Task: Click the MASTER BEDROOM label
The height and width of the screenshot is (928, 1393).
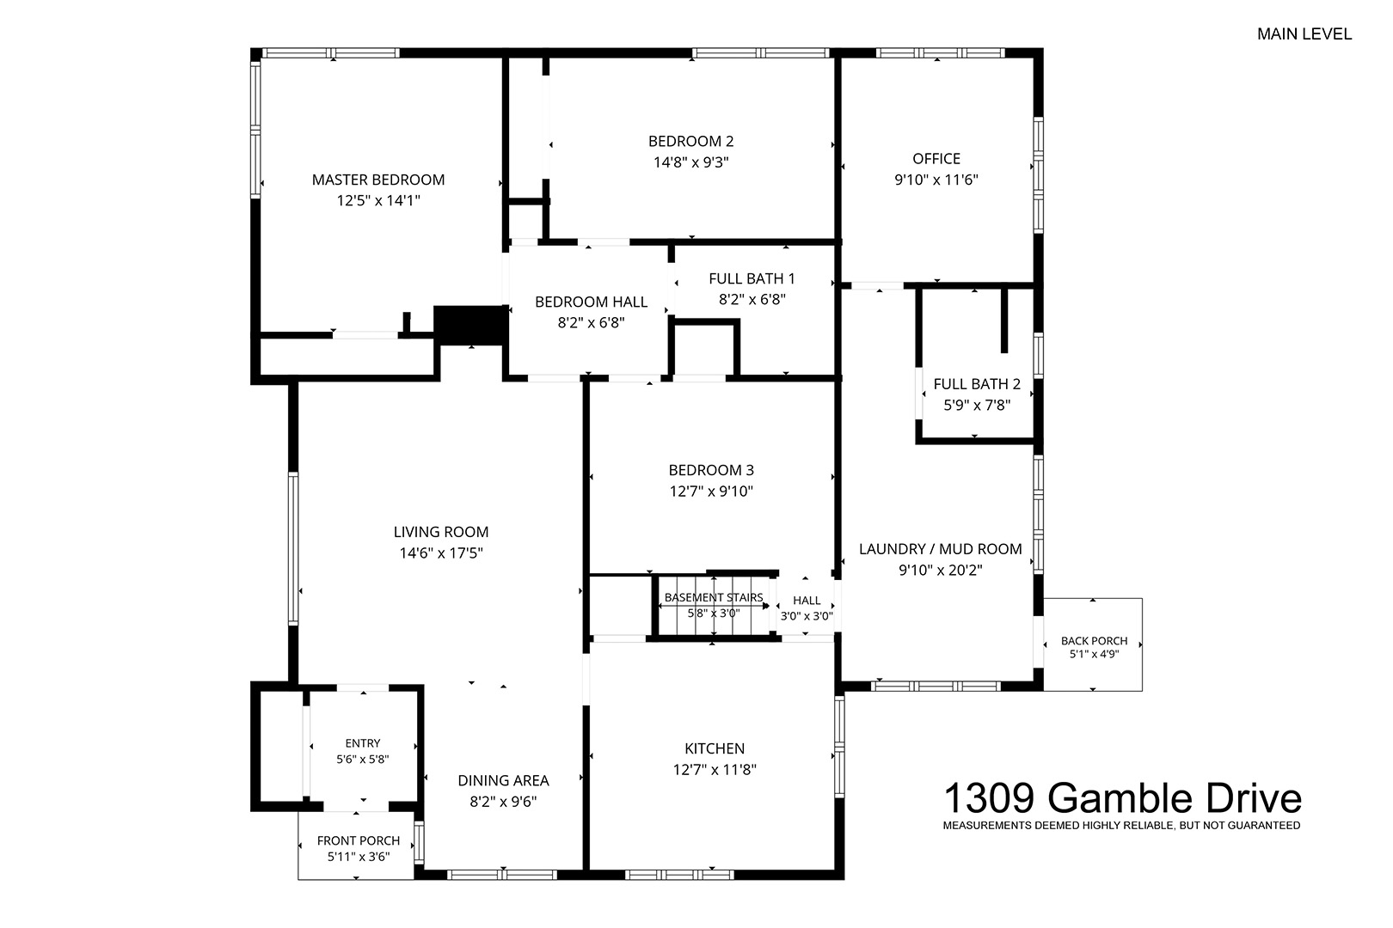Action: click(378, 180)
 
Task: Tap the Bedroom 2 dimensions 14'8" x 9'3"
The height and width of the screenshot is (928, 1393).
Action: click(690, 162)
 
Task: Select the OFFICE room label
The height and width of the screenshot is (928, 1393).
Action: click(936, 158)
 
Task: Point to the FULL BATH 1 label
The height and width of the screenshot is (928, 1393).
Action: click(752, 278)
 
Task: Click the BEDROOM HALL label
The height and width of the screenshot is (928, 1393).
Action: click(591, 302)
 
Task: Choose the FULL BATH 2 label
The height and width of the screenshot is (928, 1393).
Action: click(977, 384)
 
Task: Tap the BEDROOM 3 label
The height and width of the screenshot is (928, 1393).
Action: click(711, 470)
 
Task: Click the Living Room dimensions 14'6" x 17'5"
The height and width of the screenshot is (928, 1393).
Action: click(441, 553)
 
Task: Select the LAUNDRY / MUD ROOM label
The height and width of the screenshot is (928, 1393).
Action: click(941, 549)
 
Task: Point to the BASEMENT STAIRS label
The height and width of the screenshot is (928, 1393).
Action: click(714, 597)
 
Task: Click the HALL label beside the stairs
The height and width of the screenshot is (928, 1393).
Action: click(807, 601)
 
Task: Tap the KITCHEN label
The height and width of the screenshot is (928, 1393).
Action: click(715, 748)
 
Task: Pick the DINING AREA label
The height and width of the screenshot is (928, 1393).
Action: click(503, 781)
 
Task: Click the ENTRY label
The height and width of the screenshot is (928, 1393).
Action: click(363, 743)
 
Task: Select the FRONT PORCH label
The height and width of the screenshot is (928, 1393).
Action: click(359, 841)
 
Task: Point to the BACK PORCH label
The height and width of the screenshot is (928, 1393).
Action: click(1094, 641)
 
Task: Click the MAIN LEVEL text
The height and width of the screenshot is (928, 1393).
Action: click(1304, 34)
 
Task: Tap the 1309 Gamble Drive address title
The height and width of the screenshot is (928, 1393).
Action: click(1122, 798)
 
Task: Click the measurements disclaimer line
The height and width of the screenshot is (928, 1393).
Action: click(1121, 826)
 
